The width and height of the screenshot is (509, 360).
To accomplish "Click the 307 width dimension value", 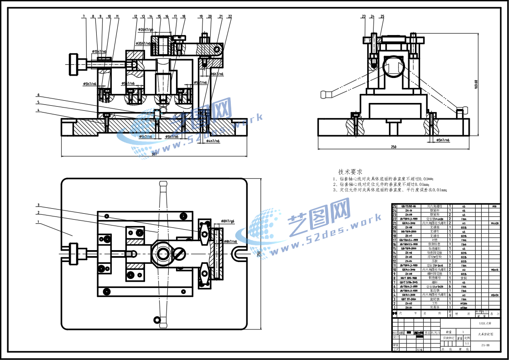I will pos(154,154).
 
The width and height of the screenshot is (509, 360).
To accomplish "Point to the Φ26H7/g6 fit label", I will pos(148,30).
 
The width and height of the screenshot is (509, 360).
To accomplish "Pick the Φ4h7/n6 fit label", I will pos(213,141).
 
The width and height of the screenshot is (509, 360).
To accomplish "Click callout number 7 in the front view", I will pos(83,16).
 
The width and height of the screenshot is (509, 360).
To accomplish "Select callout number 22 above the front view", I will pos(229,16).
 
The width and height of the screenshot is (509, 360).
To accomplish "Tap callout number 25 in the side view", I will pos(382,16).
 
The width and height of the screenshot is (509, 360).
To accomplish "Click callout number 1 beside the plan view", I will pos(39,222).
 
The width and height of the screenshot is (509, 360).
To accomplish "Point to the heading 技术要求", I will pos(350,172).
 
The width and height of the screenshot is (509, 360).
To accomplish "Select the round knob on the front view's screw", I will pos(73,65).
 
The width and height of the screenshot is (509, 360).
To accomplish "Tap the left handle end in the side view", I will pos(325,94).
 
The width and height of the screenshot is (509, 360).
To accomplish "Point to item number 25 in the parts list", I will pos(395,206).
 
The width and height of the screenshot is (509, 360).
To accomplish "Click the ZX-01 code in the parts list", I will pos(409,308).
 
